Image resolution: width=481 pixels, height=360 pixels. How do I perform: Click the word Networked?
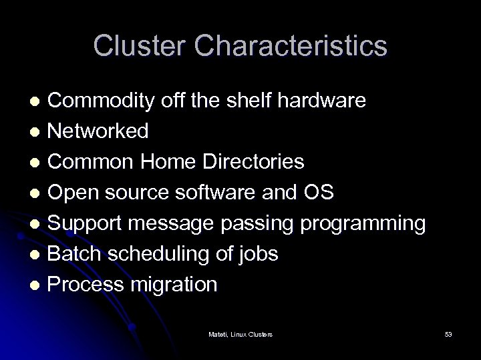coord(98,131)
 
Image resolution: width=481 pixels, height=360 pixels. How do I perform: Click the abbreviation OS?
coord(318,193)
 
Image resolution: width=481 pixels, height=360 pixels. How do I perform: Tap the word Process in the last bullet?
coord(87,285)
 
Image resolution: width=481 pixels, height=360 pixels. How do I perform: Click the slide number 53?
coord(448,333)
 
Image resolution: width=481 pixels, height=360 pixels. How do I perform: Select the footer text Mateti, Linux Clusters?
coord(240,333)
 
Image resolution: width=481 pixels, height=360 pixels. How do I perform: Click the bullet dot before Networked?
coord(37,132)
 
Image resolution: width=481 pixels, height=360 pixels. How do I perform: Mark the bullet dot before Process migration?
coord(37,285)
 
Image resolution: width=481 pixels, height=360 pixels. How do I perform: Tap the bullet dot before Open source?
coord(37,193)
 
